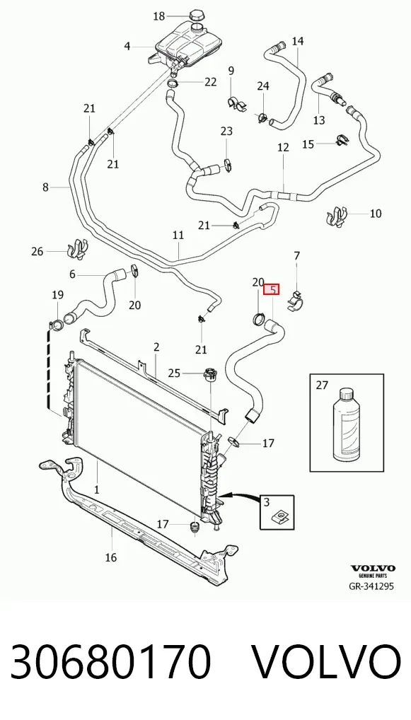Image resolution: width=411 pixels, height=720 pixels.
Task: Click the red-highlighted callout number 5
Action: tap(272, 290)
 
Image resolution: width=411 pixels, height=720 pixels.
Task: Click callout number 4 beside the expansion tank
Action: tap(127, 46)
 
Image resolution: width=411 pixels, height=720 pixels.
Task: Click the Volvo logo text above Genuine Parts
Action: tap(373, 569)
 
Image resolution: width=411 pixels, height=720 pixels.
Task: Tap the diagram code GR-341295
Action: tap(372, 586)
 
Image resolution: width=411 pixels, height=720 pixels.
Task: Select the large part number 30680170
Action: tap(110, 662)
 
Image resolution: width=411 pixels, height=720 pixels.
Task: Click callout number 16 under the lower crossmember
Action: tap(110, 557)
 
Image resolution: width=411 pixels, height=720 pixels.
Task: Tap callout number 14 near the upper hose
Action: tap(298, 41)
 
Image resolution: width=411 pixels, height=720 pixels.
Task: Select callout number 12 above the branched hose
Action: tap(284, 147)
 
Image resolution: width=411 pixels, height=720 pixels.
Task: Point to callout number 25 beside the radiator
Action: tap(174, 373)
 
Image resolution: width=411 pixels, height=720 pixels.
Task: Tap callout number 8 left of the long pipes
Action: tap(45, 187)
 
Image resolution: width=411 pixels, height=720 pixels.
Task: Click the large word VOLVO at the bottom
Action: tap(327, 662)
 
